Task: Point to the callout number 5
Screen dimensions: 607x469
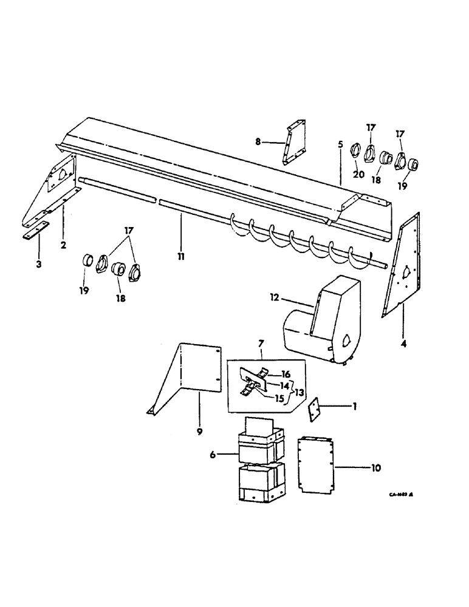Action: (340, 145)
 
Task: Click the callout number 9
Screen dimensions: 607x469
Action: (200, 431)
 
